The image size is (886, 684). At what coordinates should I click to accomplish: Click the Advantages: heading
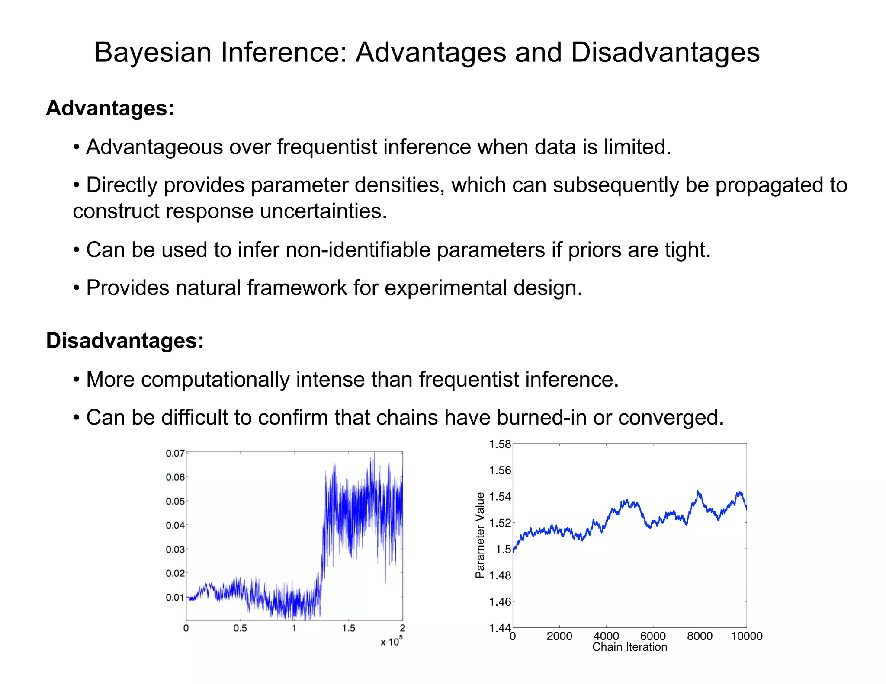110,108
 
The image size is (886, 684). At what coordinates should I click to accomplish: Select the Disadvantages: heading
125,341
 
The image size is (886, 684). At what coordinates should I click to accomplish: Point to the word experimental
446,288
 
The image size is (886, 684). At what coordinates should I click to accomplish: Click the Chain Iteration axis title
629,647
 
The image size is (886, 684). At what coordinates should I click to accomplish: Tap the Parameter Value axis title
480,535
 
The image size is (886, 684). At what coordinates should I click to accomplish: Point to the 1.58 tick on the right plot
500,444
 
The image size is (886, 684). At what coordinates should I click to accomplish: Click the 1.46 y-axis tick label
500,602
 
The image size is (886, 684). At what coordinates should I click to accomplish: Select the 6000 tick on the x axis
653,636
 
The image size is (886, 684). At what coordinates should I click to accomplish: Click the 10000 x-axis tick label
747,636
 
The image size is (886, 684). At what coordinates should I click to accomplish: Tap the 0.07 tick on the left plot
175,454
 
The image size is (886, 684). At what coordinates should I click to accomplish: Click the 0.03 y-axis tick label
175,550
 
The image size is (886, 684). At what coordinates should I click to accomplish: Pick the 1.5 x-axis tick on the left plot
348,628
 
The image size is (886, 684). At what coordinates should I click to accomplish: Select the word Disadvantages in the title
665,53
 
